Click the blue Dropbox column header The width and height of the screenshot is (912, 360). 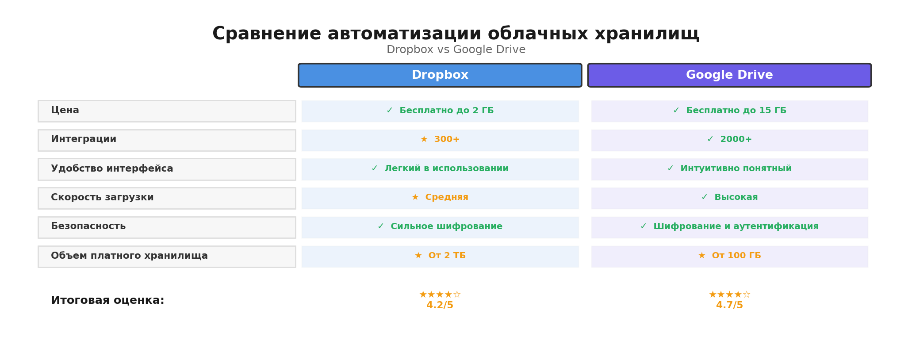[x=440, y=75]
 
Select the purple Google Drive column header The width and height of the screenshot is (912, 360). [x=729, y=75]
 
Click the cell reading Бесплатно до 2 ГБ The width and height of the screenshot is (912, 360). [x=440, y=111]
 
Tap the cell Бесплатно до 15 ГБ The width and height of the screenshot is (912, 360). [x=730, y=111]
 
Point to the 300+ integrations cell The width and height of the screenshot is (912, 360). [x=440, y=140]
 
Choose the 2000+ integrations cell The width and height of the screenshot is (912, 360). [x=730, y=140]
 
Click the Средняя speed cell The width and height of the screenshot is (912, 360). [x=440, y=198]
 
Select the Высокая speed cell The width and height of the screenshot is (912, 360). [x=730, y=198]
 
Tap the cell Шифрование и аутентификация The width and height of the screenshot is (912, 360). [x=730, y=227]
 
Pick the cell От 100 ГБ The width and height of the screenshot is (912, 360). [x=730, y=256]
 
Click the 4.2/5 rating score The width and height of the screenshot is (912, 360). [x=440, y=306]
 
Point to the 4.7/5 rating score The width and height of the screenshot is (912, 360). [x=729, y=306]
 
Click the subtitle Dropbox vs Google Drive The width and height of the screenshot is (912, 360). [x=456, y=50]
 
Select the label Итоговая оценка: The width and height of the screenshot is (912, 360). [x=107, y=301]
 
